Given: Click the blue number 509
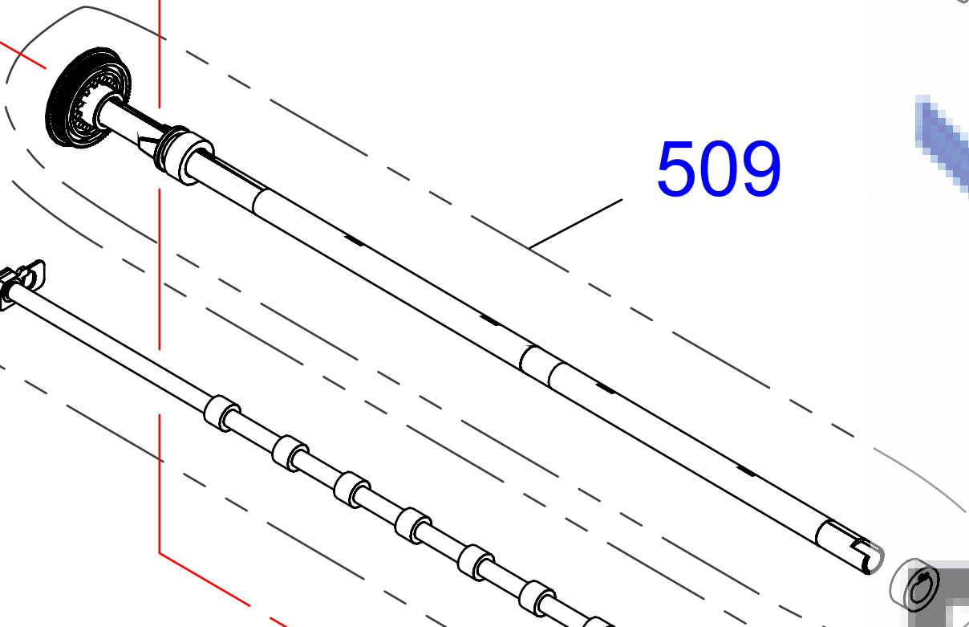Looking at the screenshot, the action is click(719, 169).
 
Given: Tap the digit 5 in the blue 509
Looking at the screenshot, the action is click(677, 169).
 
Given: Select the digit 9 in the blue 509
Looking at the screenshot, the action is click(760, 169).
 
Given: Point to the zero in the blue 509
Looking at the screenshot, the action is click(719, 169).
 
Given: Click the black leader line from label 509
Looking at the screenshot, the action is click(576, 224).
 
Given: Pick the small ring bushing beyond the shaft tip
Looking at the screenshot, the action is click(914, 585).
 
